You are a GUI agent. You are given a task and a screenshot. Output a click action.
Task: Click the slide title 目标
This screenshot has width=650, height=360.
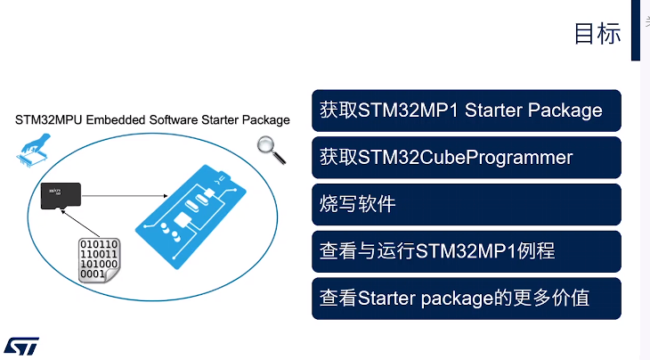tap(597, 33)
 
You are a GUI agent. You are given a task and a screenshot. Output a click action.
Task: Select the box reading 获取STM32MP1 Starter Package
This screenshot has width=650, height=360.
tap(467, 110)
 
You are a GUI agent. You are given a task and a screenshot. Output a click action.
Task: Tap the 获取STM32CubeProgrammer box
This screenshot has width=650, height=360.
tap(467, 158)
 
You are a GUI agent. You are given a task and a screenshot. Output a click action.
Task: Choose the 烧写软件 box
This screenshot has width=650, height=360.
tap(467, 204)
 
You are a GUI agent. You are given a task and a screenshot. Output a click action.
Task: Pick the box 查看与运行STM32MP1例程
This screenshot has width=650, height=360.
tap(467, 251)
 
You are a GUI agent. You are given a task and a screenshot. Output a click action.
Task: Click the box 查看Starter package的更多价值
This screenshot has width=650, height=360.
tap(467, 298)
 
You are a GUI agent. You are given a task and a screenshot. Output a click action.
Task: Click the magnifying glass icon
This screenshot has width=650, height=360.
tap(271, 150)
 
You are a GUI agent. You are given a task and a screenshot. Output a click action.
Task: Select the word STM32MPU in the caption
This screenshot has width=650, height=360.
tap(46, 120)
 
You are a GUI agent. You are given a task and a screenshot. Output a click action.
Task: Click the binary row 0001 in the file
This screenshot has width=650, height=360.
tap(93, 274)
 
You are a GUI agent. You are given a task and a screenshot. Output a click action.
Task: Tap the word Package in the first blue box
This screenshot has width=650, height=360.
tap(565, 110)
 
